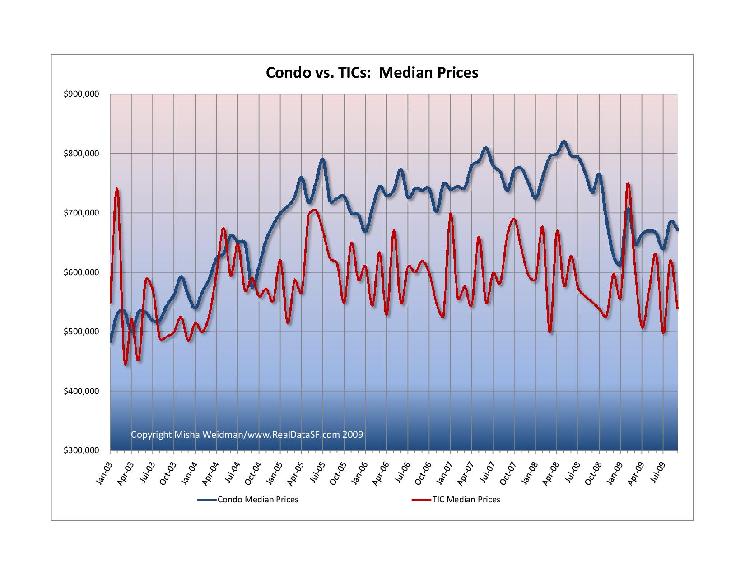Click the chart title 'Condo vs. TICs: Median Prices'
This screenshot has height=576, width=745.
click(x=372, y=73)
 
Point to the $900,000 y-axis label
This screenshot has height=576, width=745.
click(x=81, y=94)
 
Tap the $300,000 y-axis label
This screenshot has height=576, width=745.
click(x=81, y=450)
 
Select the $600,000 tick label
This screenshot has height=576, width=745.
click(x=81, y=272)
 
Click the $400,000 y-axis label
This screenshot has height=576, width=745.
click(x=81, y=391)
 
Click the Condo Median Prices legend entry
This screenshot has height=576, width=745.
click(x=258, y=500)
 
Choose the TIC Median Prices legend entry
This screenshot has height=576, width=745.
click(x=466, y=500)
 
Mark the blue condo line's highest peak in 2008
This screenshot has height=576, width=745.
click(x=563, y=142)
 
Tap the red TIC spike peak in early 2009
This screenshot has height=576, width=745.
click(x=628, y=183)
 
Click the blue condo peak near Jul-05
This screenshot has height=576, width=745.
click(x=322, y=159)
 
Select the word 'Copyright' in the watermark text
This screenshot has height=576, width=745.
click(x=151, y=435)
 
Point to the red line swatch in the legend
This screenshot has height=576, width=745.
click(x=421, y=500)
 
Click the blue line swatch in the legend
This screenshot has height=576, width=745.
click(x=206, y=500)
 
